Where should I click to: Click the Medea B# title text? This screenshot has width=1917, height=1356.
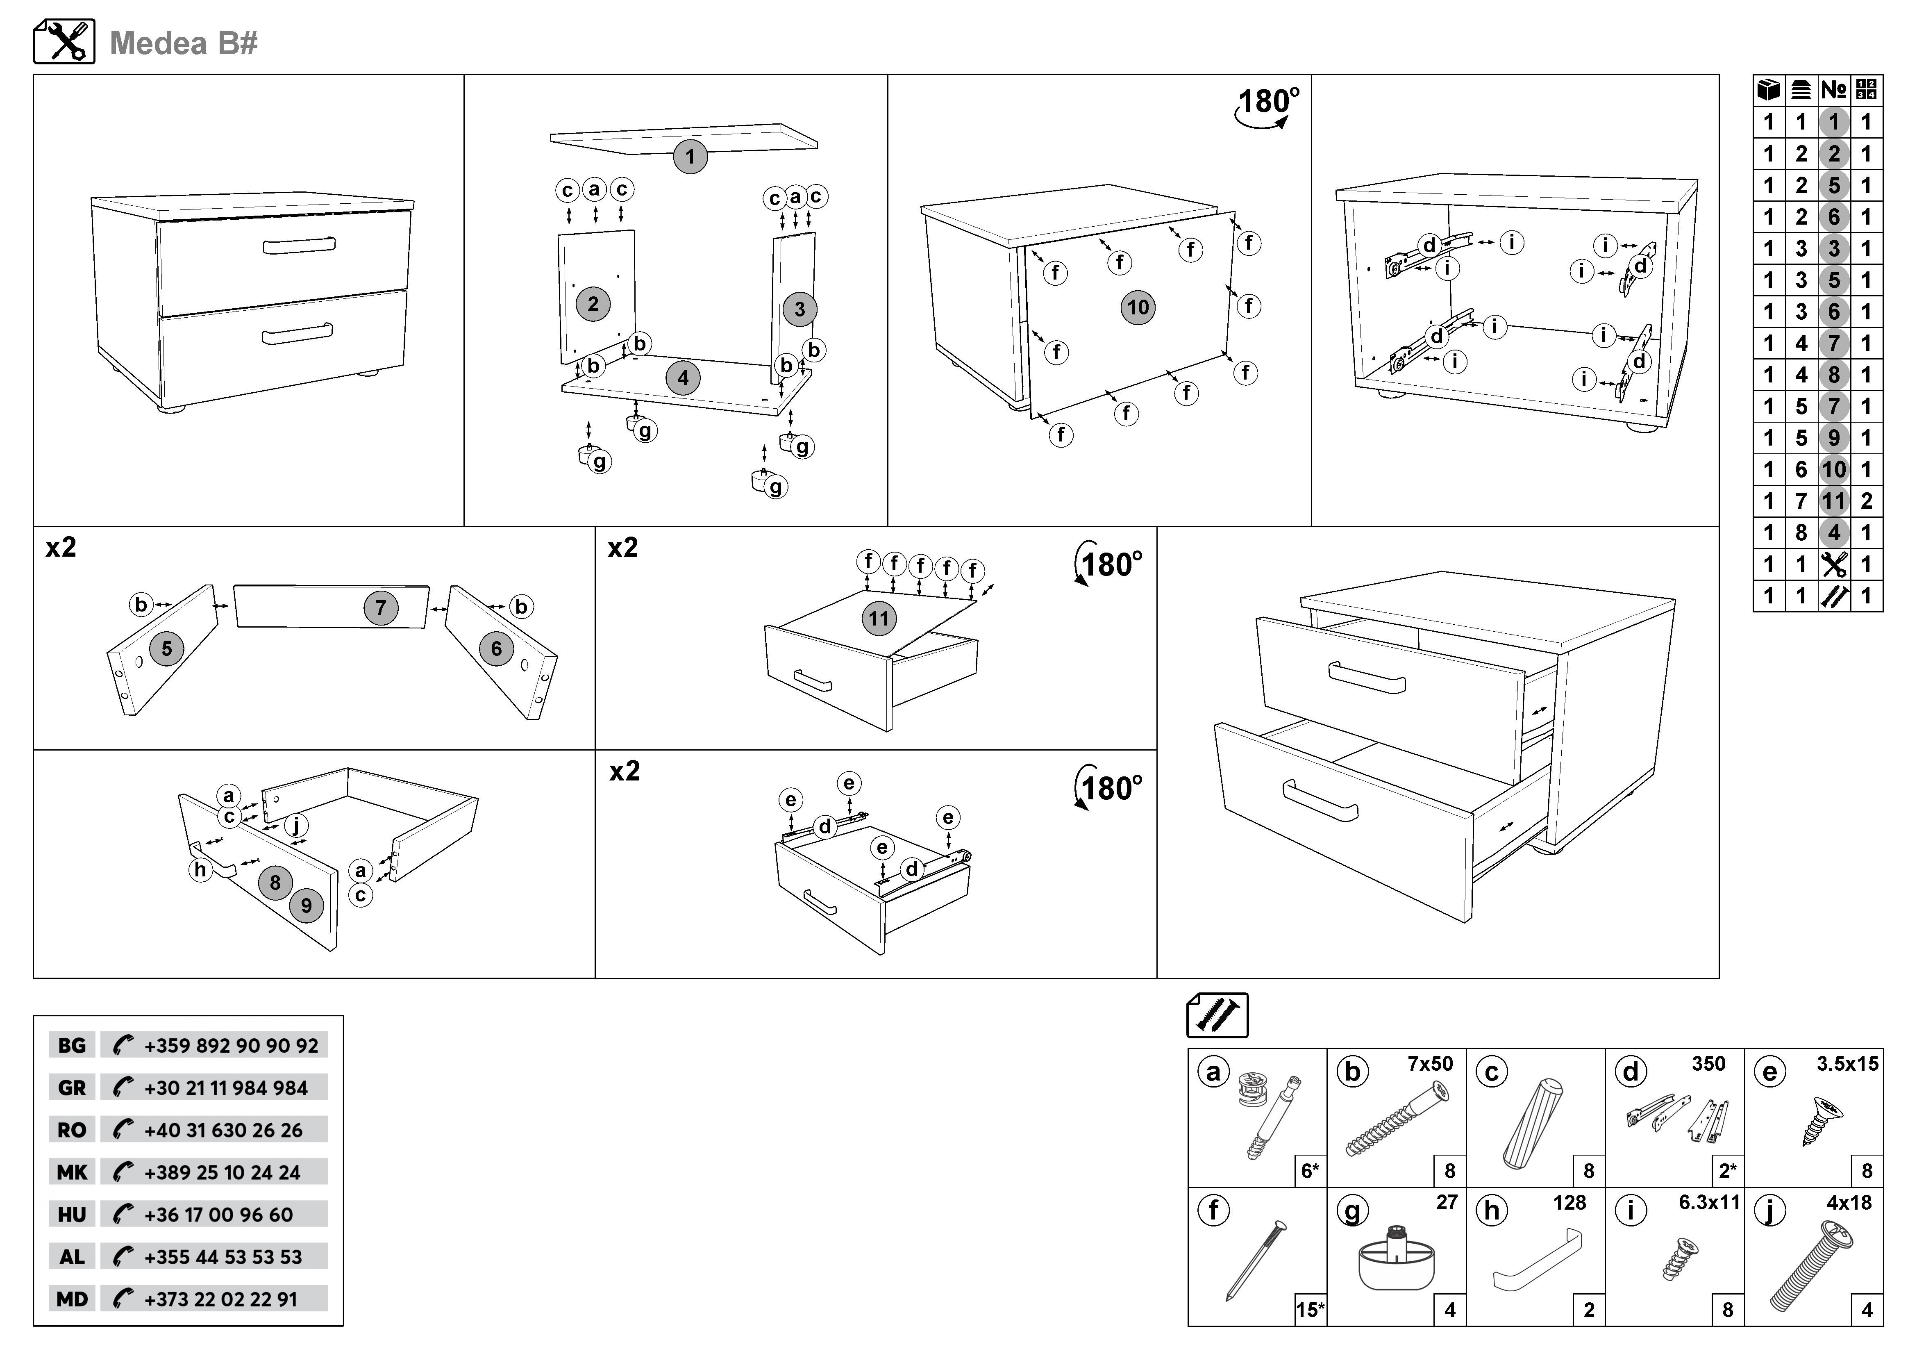[x=184, y=43]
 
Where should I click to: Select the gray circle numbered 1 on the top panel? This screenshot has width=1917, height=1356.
[x=690, y=156]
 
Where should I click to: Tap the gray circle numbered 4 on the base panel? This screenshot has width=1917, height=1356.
[x=683, y=378]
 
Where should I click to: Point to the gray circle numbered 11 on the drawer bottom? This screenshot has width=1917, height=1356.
[x=878, y=619]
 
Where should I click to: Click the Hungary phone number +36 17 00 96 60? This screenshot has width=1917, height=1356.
[x=219, y=1215]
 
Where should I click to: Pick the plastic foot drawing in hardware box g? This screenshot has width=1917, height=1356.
[x=1396, y=1261]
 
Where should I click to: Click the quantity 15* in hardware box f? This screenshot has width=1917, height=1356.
[x=1309, y=1309]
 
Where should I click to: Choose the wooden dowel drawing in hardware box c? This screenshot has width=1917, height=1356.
[x=1533, y=1123]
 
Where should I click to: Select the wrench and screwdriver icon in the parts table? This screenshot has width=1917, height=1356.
[x=1833, y=564]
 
